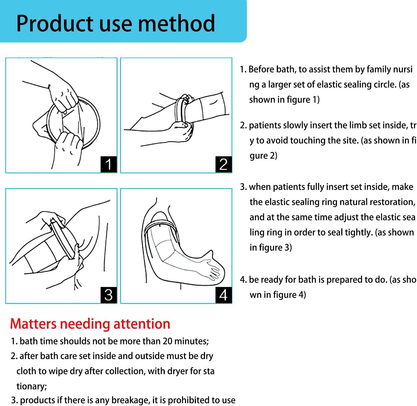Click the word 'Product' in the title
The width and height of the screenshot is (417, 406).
[55, 23]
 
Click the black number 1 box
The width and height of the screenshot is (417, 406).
[109, 164]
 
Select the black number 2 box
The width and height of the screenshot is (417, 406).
[223, 164]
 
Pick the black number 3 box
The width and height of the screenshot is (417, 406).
[109, 295]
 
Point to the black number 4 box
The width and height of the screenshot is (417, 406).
[223, 295]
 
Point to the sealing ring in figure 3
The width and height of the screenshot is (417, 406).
[61, 237]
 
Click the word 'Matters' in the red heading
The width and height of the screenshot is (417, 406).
[33, 324]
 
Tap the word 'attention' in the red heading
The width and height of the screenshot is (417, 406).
[142, 324]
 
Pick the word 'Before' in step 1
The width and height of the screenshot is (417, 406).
[261, 69]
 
